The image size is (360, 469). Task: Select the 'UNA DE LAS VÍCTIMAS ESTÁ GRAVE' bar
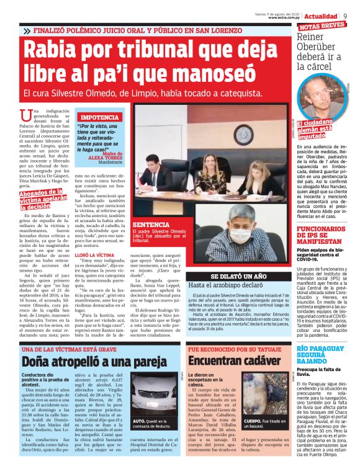point(68,349)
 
